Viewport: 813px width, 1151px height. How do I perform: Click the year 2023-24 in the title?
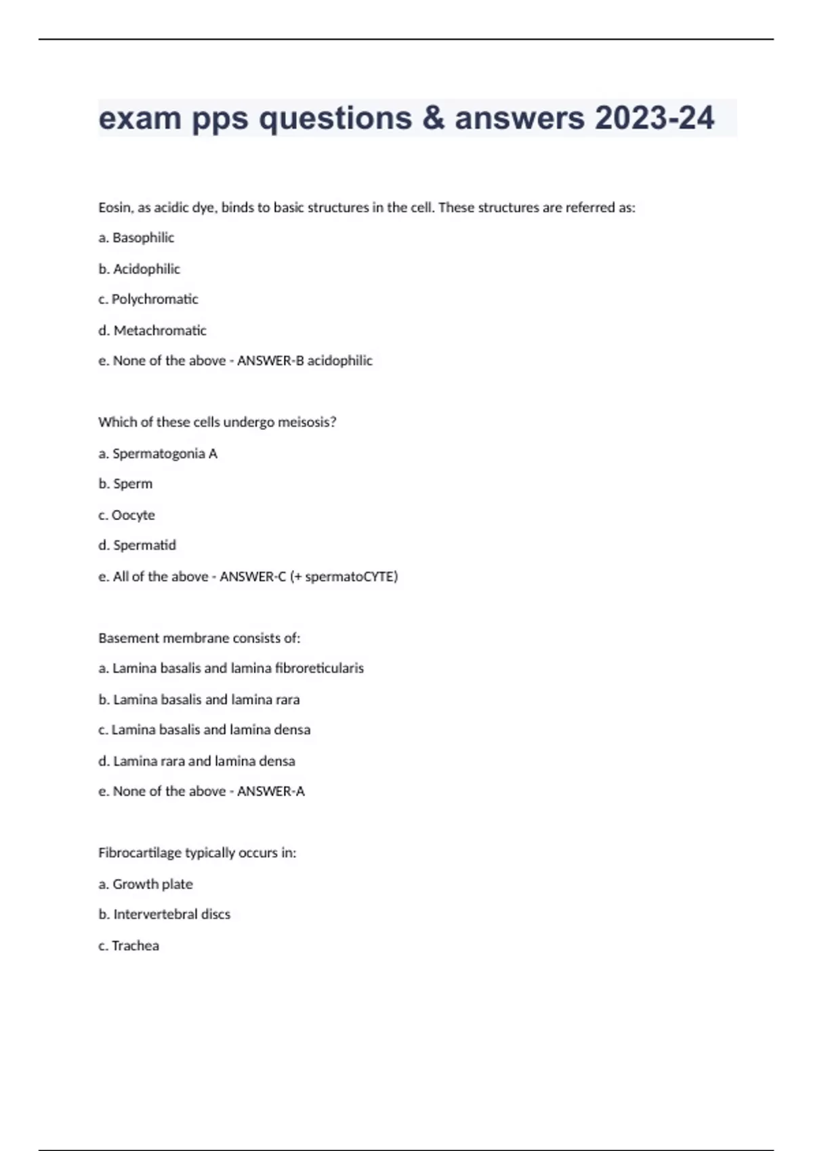[x=654, y=118]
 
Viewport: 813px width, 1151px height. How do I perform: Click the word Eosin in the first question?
[x=114, y=208]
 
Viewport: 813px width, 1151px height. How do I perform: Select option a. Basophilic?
[x=136, y=238]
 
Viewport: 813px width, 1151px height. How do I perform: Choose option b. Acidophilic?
[x=139, y=269]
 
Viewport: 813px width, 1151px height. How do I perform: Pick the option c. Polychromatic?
[x=148, y=299]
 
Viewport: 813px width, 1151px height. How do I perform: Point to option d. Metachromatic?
[x=152, y=330]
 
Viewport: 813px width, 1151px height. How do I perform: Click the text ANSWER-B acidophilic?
[x=304, y=361]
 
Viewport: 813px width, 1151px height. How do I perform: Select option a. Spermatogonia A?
[x=157, y=454]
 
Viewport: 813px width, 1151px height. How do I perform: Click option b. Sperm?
[x=125, y=484]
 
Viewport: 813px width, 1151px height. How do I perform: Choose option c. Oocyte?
[x=127, y=515]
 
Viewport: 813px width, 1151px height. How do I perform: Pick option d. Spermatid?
[x=137, y=545]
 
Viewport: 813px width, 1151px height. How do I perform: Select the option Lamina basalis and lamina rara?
[x=199, y=699]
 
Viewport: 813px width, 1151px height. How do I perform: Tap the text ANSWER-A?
[x=270, y=791]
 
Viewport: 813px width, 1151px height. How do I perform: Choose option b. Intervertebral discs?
[x=164, y=914]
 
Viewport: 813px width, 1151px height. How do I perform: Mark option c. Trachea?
[x=128, y=945]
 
